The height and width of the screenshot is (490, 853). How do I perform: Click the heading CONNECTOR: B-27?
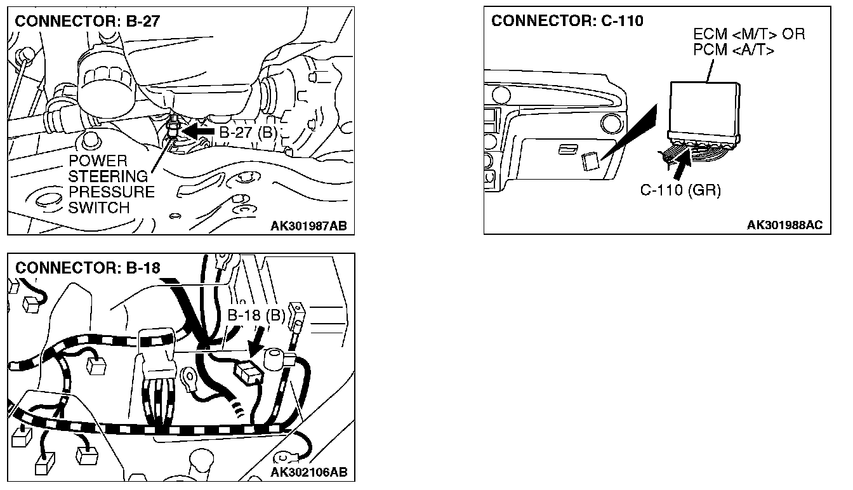pyautogui.click(x=88, y=21)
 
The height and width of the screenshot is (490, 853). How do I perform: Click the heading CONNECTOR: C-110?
pyautogui.click(x=567, y=21)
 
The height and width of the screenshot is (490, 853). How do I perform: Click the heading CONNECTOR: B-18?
pyautogui.click(x=88, y=267)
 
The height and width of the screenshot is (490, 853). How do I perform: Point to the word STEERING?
pyautogui.click(x=108, y=176)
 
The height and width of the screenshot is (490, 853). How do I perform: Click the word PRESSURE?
pyautogui.click(x=111, y=192)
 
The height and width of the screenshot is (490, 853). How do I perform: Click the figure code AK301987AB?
pyautogui.click(x=308, y=225)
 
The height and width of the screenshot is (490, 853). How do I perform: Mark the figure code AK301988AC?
pyautogui.click(x=784, y=225)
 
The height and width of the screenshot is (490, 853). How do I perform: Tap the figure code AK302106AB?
pyautogui.click(x=308, y=472)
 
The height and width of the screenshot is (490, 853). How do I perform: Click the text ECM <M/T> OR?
pyautogui.click(x=749, y=34)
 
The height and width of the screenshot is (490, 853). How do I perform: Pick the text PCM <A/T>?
pyautogui.click(x=734, y=50)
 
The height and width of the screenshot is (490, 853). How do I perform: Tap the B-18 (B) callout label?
pyautogui.click(x=257, y=315)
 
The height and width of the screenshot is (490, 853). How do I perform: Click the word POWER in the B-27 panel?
pyautogui.click(x=98, y=161)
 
